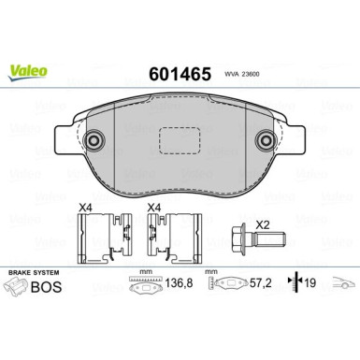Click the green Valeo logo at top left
[x=28, y=73]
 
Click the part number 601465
[x=180, y=74]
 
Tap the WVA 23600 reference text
[x=242, y=75]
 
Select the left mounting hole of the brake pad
[x=94, y=140]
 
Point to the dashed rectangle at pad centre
[x=179, y=140]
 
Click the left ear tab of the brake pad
[x=65, y=139]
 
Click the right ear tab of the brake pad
[x=295, y=139]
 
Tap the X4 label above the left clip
[x=85, y=208]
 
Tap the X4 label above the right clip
[x=154, y=208]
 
